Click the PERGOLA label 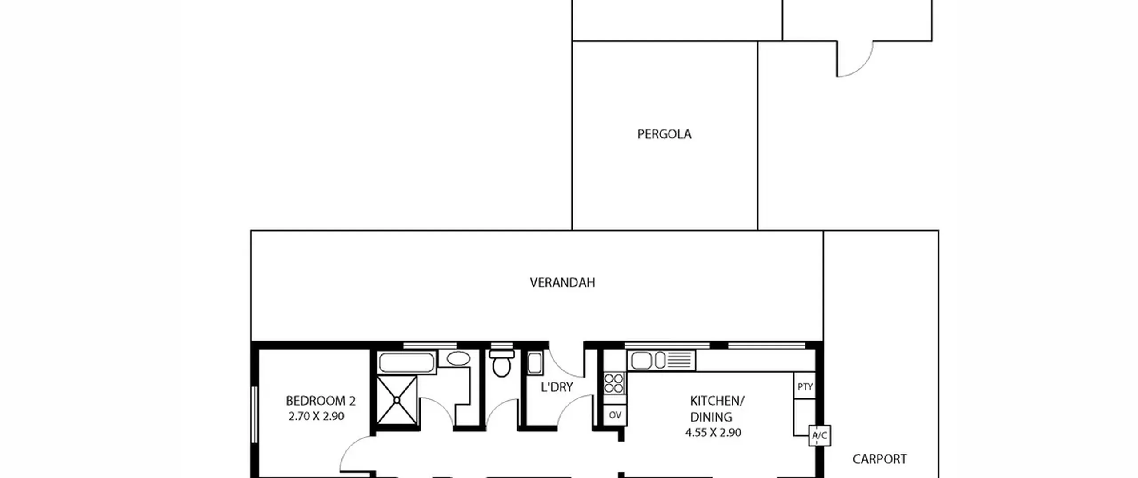[664, 134]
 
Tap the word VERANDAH [562, 283]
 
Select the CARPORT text [879, 459]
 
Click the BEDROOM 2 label [321, 401]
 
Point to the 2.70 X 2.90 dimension [317, 416]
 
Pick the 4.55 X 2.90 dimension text [713, 432]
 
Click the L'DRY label [557, 387]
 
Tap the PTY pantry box [805, 386]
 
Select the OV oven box [615, 415]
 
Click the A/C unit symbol [820, 436]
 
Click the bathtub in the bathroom [406, 362]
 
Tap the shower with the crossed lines [397, 400]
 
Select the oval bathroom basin [458, 358]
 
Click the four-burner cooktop [614, 383]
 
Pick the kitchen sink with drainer [661, 360]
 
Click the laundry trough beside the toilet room [535, 363]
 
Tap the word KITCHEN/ [717, 401]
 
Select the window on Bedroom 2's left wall [255, 414]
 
